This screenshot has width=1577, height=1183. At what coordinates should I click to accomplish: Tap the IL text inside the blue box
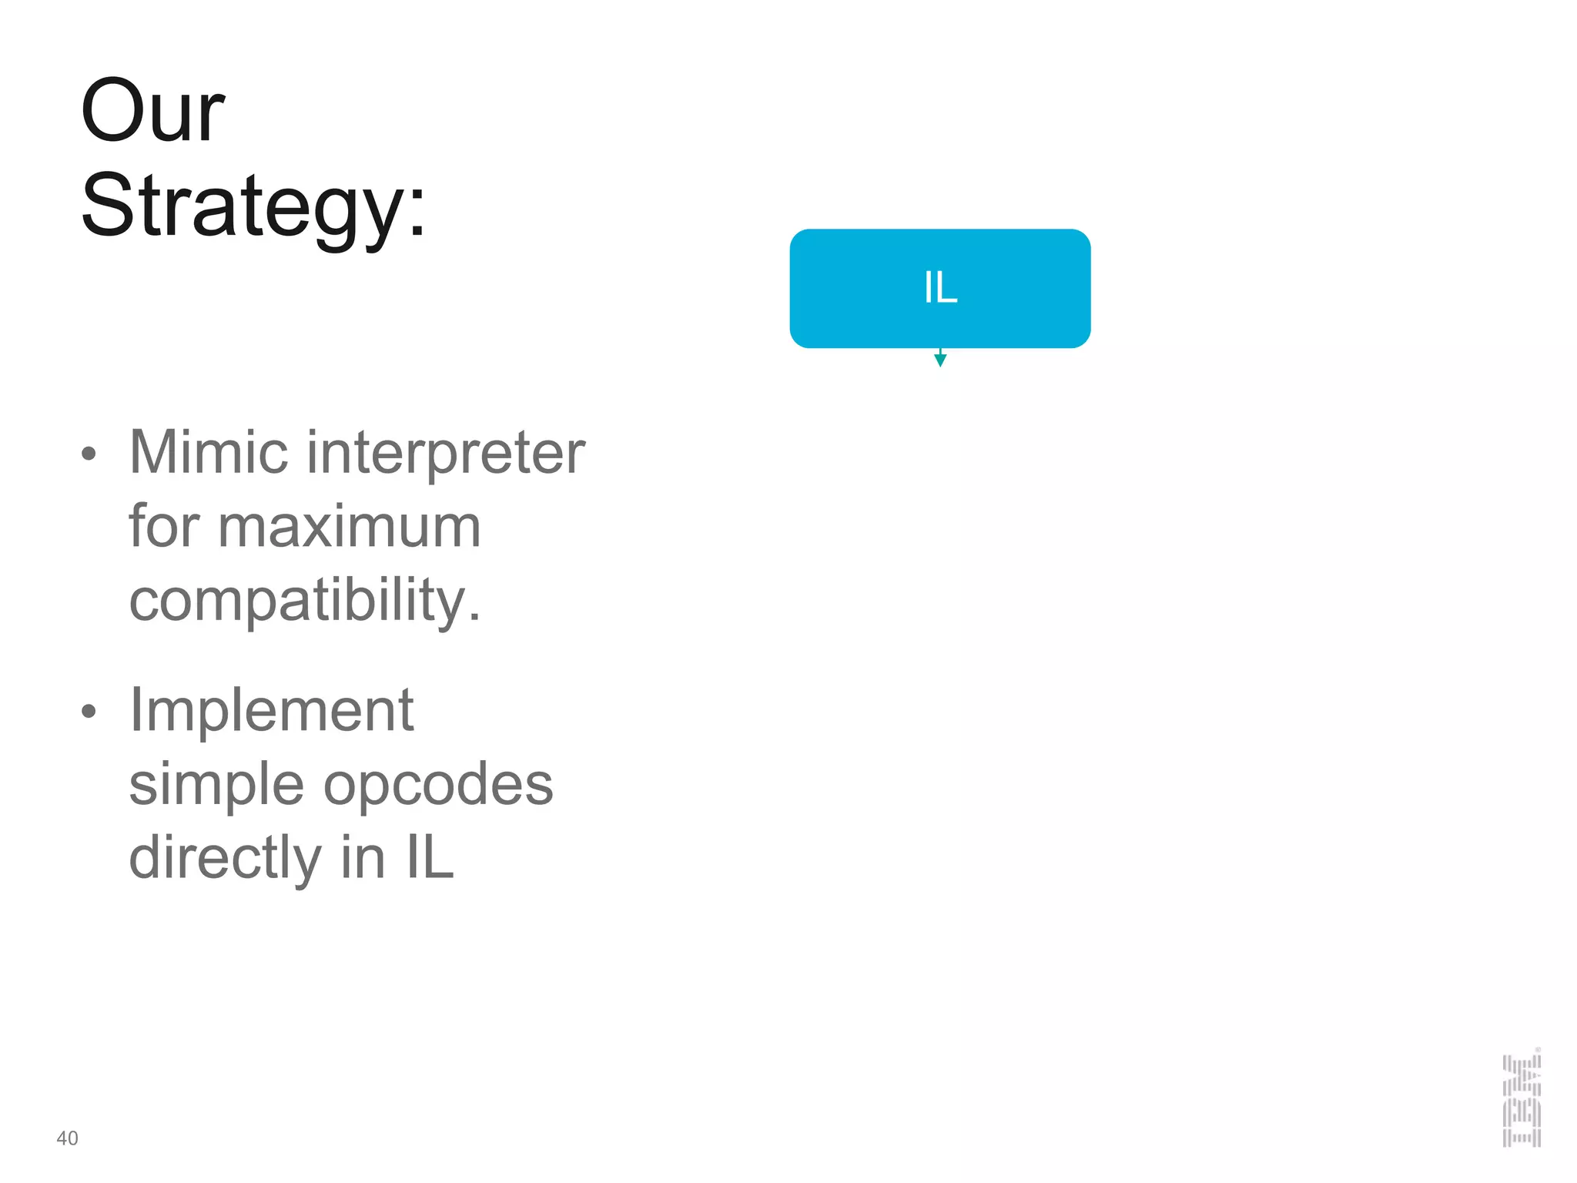point(940,288)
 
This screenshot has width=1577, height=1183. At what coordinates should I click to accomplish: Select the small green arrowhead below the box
point(940,360)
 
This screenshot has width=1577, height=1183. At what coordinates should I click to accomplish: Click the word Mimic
point(209,452)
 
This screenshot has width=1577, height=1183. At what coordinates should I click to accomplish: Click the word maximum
point(350,528)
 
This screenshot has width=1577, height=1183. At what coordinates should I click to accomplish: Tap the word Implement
point(271,710)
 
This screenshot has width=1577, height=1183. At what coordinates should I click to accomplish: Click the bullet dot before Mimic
point(89,454)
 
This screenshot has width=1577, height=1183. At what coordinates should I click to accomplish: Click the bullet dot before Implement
point(89,712)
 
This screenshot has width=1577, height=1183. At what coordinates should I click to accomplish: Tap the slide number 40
point(67,1138)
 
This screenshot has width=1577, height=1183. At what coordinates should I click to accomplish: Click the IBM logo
point(1522,1100)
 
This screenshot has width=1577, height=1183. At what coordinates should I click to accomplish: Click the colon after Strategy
point(417,212)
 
